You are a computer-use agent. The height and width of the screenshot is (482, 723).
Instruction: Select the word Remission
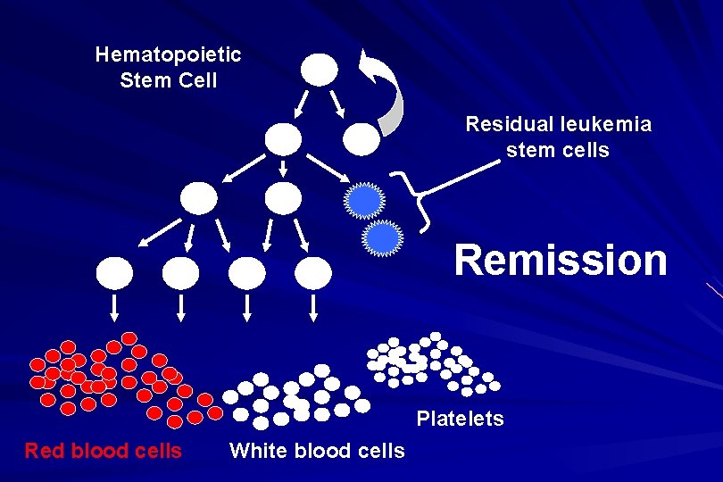pyautogui.click(x=560, y=261)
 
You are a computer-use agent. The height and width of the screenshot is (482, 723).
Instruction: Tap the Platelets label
pyautogui.click(x=460, y=419)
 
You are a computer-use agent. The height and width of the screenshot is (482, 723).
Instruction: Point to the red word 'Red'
pyautogui.click(x=45, y=451)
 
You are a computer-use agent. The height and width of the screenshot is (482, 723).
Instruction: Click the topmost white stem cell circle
pyautogui.click(x=320, y=69)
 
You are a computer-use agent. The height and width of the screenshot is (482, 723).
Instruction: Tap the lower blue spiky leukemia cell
pyautogui.click(x=382, y=237)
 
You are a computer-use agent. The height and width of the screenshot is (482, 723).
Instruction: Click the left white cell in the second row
pyautogui.click(x=283, y=137)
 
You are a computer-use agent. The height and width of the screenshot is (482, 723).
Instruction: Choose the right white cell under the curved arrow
pyautogui.click(x=361, y=137)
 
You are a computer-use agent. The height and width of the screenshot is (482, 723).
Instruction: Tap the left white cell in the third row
pyautogui.click(x=199, y=198)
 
